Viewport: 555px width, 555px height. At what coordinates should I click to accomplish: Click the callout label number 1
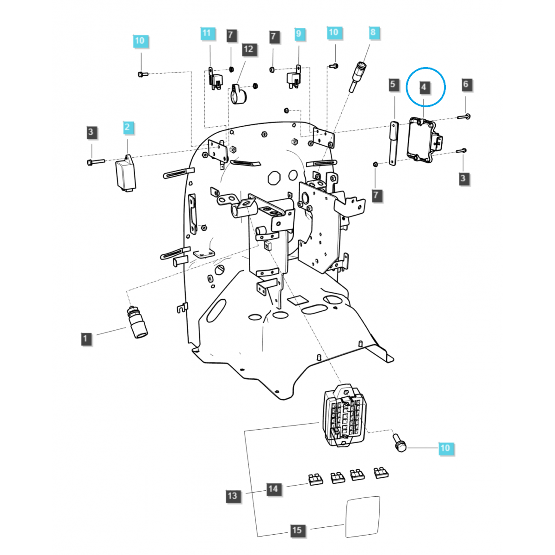pyautogui.click(x=85, y=339)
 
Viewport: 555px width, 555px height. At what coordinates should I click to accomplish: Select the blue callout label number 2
pyautogui.click(x=128, y=128)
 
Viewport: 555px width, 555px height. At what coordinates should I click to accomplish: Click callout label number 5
pyautogui.click(x=393, y=84)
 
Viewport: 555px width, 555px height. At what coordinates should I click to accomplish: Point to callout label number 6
pyautogui.click(x=465, y=84)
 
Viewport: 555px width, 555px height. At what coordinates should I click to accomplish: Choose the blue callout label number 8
pyautogui.click(x=373, y=32)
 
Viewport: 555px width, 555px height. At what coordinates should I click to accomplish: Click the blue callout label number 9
pyautogui.click(x=298, y=33)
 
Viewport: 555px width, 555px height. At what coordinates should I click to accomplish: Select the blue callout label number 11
pyautogui.click(x=207, y=33)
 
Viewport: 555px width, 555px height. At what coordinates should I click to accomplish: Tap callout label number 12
pyautogui.click(x=248, y=49)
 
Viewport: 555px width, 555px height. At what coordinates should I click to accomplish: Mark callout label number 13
pyautogui.click(x=232, y=496)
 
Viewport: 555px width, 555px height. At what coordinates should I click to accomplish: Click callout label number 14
pyautogui.click(x=273, y=488)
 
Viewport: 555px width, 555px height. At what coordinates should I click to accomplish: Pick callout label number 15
pyautogui.click(x=297, y=530)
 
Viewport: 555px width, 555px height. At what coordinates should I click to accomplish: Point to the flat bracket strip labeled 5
pyautogui.click(x=394, y=143)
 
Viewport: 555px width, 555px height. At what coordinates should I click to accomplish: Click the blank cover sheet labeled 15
pyautogui.click(x=363, y=517)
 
